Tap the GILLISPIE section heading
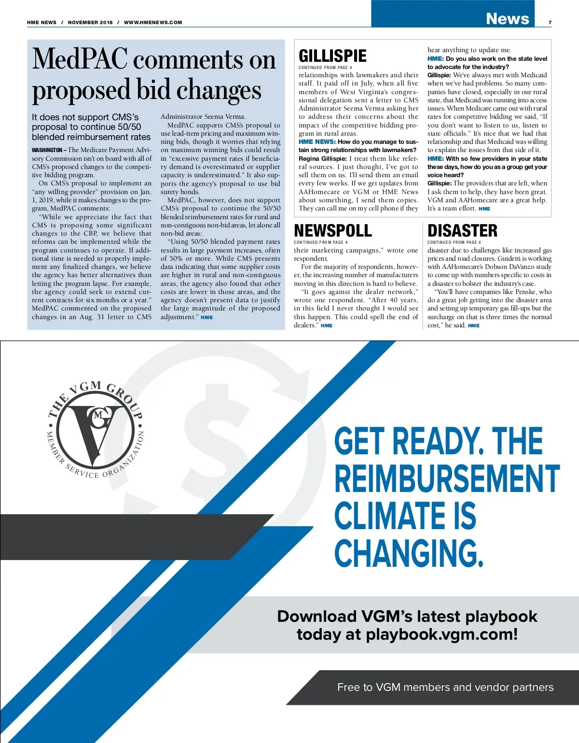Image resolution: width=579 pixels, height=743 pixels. tap(332, 56)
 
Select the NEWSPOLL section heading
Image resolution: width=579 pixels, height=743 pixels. tap(333, 231)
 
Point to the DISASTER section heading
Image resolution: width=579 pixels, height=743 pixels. tap(462, 231)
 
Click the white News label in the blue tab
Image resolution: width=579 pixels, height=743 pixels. tap(507, 19)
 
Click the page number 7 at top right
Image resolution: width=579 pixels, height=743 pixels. tap(550, 23)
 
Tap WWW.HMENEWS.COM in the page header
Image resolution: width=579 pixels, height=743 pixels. tap(153, 22)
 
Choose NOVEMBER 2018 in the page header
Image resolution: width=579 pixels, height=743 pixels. tap(90, 22)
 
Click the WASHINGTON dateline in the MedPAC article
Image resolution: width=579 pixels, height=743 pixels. tap(47, 150)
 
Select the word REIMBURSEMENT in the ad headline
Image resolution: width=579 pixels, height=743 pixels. tap(447, 478)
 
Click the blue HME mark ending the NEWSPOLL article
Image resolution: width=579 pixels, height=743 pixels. tap(327, 325)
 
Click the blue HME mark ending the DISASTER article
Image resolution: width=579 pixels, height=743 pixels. tap(474, 325)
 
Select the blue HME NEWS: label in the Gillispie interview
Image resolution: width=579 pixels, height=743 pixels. tap(317, 142)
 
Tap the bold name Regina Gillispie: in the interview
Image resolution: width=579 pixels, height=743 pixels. tap(322, 158)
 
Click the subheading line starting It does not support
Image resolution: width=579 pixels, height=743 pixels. tap(85, 117)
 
